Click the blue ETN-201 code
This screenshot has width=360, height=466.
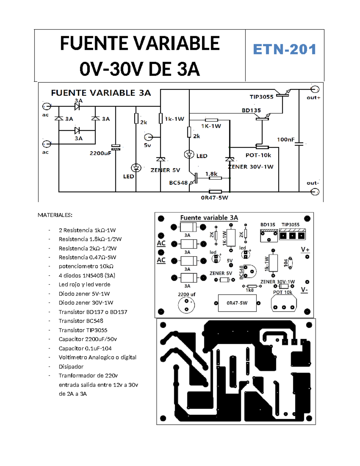point(284,50)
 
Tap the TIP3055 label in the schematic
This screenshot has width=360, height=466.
point(261,97)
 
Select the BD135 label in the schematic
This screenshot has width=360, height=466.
point(251,110)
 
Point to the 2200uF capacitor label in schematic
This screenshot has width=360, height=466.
point(100,153)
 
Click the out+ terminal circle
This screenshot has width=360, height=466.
point(315,89)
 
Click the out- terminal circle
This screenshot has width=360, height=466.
point(315,192)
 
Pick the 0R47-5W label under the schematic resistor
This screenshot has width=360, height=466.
point(214,198)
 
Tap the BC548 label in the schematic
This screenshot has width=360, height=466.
point(178,183)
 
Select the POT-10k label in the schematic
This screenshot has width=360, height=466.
point(258,155)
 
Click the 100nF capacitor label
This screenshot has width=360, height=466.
point(285,140)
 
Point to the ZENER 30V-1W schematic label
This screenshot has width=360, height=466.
point(251,167)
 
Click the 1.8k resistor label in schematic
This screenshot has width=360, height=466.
point(211,174)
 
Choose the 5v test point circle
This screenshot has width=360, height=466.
point(148,137)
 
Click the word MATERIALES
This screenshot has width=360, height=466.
point(55,215)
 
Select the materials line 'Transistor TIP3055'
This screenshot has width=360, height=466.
point(83,330)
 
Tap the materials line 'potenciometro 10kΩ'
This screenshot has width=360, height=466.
point(86,266)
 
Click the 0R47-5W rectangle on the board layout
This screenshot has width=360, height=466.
point(237,303)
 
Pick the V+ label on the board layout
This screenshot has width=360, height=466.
point(305,250)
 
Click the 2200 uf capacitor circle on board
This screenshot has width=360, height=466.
point(186,305)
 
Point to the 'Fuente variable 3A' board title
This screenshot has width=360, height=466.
point(209,218)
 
